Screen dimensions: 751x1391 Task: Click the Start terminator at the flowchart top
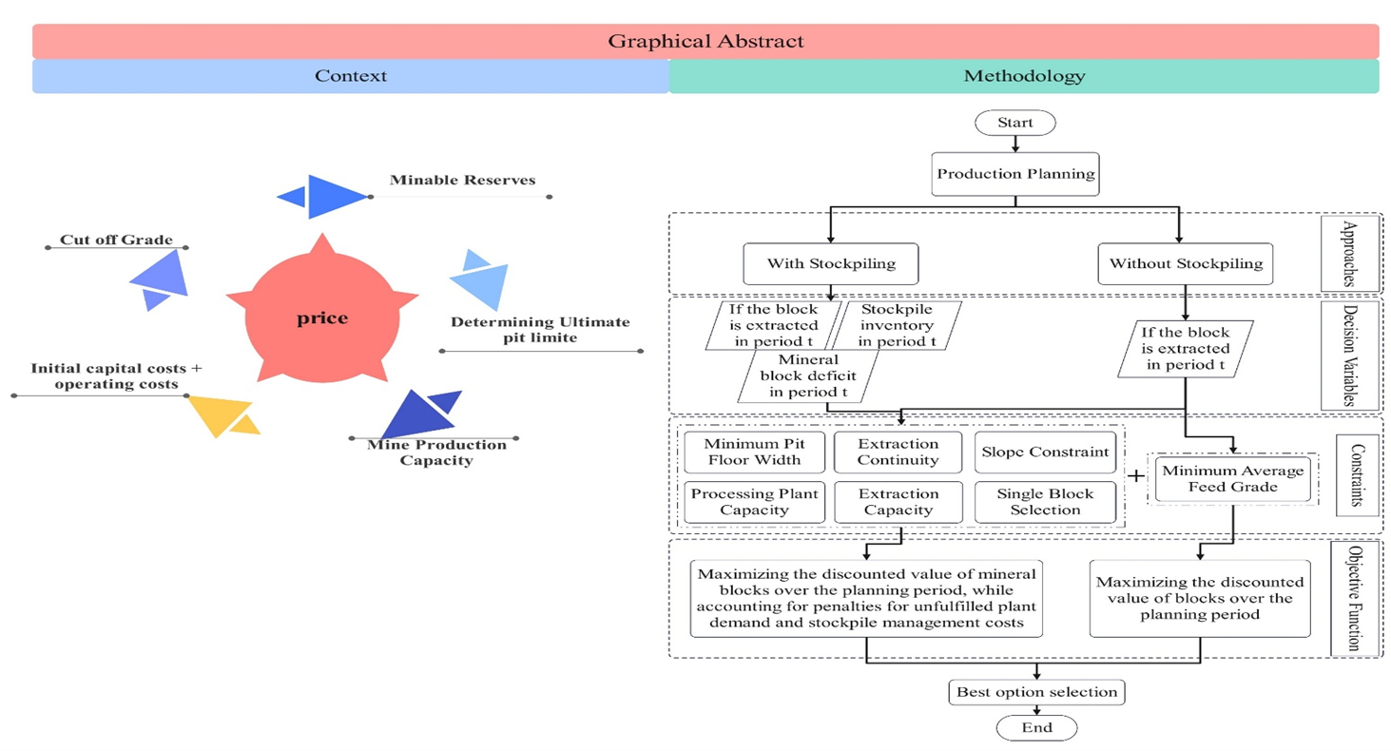1016,123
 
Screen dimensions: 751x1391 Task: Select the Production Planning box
1016,175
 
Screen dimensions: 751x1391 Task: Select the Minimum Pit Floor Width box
752,453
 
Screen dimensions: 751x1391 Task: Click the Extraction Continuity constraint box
898,453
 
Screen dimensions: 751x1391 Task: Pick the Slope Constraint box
1044,453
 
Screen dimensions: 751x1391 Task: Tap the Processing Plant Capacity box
752,502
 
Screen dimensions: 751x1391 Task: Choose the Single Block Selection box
1044,502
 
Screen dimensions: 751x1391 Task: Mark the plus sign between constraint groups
1135,476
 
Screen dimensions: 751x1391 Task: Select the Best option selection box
1036,692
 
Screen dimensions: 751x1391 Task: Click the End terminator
1036,728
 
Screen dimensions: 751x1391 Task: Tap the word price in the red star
321,318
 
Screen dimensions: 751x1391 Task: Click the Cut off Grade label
116,240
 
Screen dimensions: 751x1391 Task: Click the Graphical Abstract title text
705,41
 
